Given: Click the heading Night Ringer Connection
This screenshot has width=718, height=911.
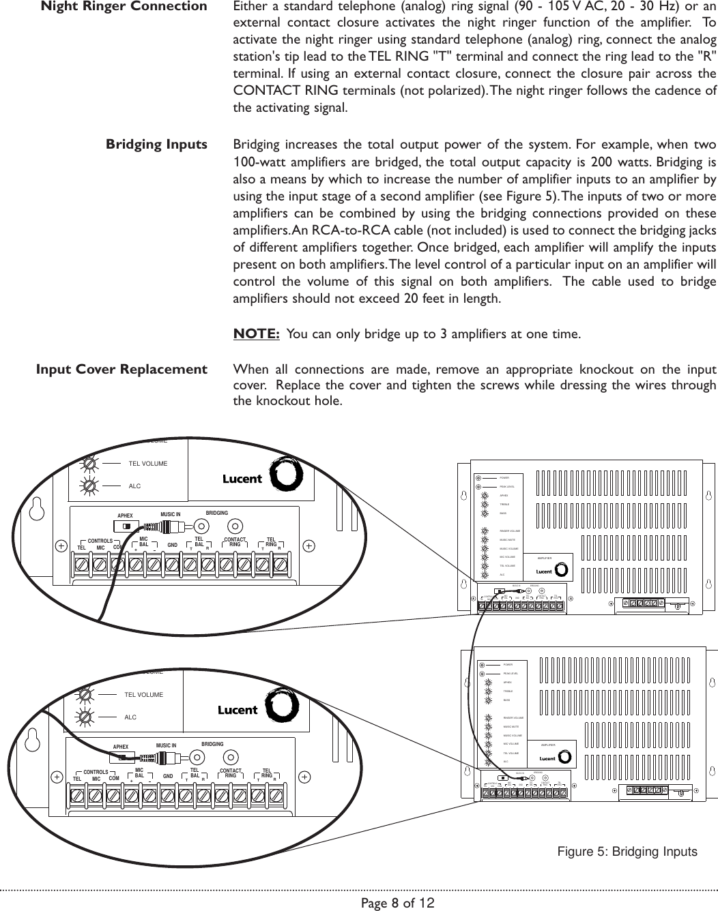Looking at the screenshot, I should coord(124,8).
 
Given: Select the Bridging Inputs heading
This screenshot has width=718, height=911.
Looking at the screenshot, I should coord(156,145).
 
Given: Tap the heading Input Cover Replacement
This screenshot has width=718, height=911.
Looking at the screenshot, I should coord(121,370).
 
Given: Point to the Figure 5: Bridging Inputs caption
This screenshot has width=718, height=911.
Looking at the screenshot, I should coord(627,852).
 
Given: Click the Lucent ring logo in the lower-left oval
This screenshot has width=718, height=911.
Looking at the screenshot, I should coord(278,708).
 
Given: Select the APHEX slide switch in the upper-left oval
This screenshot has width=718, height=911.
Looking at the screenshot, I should coord(125,526).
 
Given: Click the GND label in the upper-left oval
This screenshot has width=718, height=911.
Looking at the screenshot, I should coord(172,546).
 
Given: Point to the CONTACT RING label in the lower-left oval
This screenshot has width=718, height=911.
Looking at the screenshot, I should coord(230,773).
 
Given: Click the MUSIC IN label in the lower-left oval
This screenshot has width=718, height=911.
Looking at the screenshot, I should coord(166,745).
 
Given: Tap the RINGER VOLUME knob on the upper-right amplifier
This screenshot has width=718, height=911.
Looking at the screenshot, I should coord(485,531).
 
